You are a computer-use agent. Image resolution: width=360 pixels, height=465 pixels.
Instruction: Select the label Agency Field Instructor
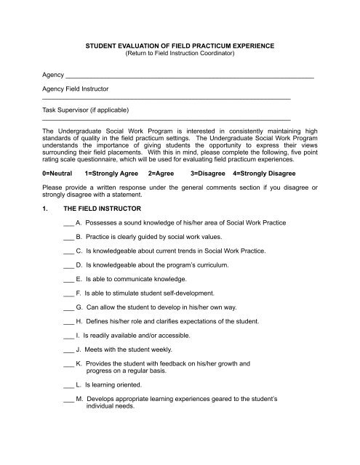point(66,88)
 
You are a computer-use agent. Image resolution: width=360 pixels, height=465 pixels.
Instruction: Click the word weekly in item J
point(169,347)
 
